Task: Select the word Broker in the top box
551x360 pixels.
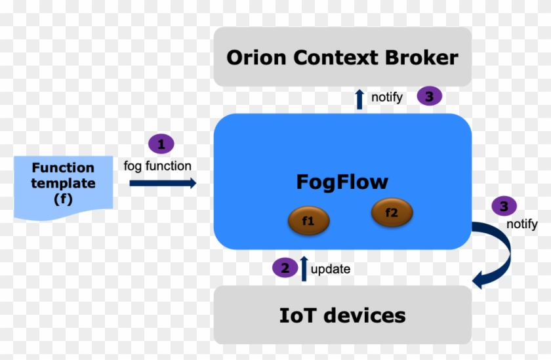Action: click(x=421, y=58)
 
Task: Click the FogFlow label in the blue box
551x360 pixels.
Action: click(x=342, y=181)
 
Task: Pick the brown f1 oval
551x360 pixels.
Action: click(x=308, y=222)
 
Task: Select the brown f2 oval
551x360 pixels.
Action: click(x=392, y=212)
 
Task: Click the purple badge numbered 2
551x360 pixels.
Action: click(x=285, y=268)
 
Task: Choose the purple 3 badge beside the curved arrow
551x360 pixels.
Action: click(x=504, y=207)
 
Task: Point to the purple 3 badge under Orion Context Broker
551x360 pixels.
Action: click(x=429, y=96)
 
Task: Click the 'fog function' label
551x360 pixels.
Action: click(x=157, y=166)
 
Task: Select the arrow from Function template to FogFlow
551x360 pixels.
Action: click(x=163, y=184)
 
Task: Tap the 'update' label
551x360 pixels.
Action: click(x=331, y=269)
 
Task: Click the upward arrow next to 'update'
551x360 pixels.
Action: click(x=304, y=268)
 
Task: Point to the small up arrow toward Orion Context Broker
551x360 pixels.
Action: click(x=359, y=98)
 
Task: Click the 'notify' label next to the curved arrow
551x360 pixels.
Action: click(x=521, y=224)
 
